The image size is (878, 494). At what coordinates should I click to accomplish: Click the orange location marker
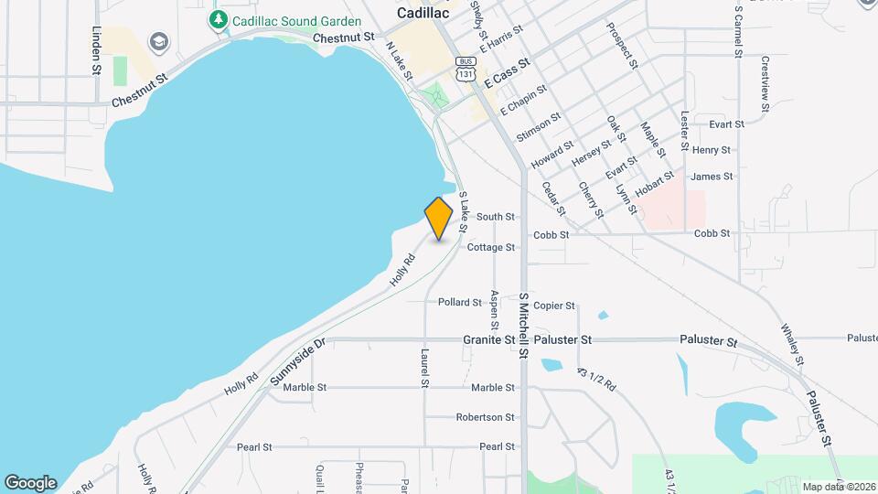point(439,219)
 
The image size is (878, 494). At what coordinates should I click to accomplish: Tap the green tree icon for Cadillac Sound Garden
point(218,18)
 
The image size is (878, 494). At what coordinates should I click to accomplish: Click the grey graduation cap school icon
point(159,42)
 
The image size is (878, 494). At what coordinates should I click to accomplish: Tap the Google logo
point(30,482)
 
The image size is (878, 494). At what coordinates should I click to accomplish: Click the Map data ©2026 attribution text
point(838,487)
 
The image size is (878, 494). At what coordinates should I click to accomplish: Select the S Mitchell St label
point(524,326)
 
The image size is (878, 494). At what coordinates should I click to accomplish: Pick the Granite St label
point(489,339)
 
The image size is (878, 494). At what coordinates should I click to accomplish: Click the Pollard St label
point(459,302)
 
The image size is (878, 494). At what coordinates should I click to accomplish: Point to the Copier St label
point(553,306)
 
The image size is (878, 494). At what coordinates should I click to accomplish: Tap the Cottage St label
point(491,247)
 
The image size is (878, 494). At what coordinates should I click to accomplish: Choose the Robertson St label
point(486,417)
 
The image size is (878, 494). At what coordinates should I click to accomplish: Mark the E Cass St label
point(508,73)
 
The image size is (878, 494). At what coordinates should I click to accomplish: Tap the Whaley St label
point(792,344)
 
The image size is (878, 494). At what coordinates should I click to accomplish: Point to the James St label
point(712,177)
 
